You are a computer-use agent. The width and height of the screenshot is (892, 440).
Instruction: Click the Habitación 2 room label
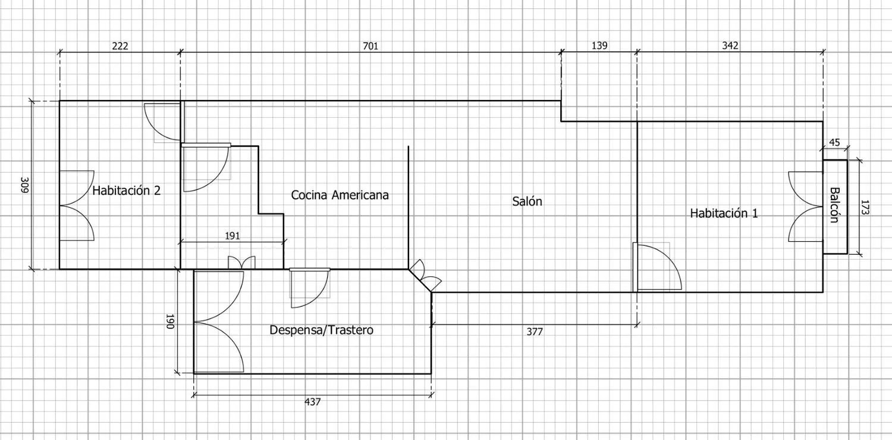(x=126, y=191)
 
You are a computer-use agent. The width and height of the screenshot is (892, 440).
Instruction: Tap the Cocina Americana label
(x=340, y=195)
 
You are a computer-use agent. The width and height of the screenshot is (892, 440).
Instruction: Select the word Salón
(x=527, y=201)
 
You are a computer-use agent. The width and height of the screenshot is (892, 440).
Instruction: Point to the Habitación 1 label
(x=724, y=213)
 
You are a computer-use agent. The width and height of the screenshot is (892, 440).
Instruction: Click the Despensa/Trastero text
(x=321, y=330)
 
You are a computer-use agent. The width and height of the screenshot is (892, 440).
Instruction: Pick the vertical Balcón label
(x=834, y=205)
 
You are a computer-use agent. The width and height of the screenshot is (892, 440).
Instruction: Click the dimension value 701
(x=370, y=46)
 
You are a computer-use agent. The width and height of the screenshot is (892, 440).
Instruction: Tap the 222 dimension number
(x=120, y=46)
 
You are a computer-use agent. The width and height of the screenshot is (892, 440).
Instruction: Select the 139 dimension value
(x=599, y=46)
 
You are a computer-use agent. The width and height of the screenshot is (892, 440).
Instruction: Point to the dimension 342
(x=730, y=46)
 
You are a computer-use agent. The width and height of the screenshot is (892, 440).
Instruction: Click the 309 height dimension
(x=25, y=185)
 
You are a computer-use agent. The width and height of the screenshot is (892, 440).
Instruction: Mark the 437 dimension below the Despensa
(x=313, y=402)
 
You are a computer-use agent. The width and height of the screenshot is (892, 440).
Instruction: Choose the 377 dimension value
(x=535, y=332)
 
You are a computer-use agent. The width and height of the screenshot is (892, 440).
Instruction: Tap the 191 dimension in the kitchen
(x=233, y=236)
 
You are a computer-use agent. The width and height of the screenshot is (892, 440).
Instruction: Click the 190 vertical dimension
(x=170, y=322)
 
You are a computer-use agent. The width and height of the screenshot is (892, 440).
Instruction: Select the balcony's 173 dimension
(x=865, y=207)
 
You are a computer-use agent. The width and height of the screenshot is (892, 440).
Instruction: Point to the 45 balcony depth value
(x=834, y=142)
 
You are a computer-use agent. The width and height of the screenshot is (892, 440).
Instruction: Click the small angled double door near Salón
(x=425, y=276)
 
